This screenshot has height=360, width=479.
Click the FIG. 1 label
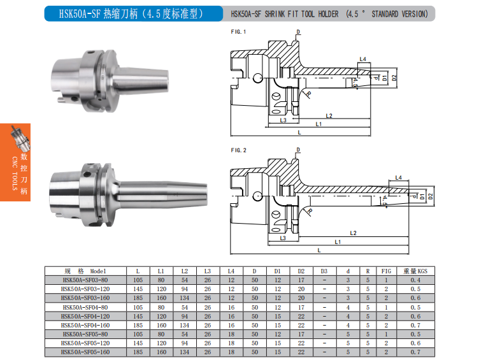pos(238,32)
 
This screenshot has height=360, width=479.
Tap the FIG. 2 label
pos(238,150)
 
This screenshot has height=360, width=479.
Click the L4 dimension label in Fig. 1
pos(362,59)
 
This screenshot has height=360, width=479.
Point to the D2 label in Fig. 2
pos(431,196)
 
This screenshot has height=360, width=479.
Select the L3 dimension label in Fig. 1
pos(283,120)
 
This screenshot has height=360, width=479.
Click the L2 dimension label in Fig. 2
pos(353,233)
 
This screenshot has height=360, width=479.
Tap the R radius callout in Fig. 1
pos(309,94)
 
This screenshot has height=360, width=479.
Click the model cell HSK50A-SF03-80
pos(85,280)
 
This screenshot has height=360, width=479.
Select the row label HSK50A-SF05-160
pos(85,352)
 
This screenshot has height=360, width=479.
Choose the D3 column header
pos(324,271)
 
